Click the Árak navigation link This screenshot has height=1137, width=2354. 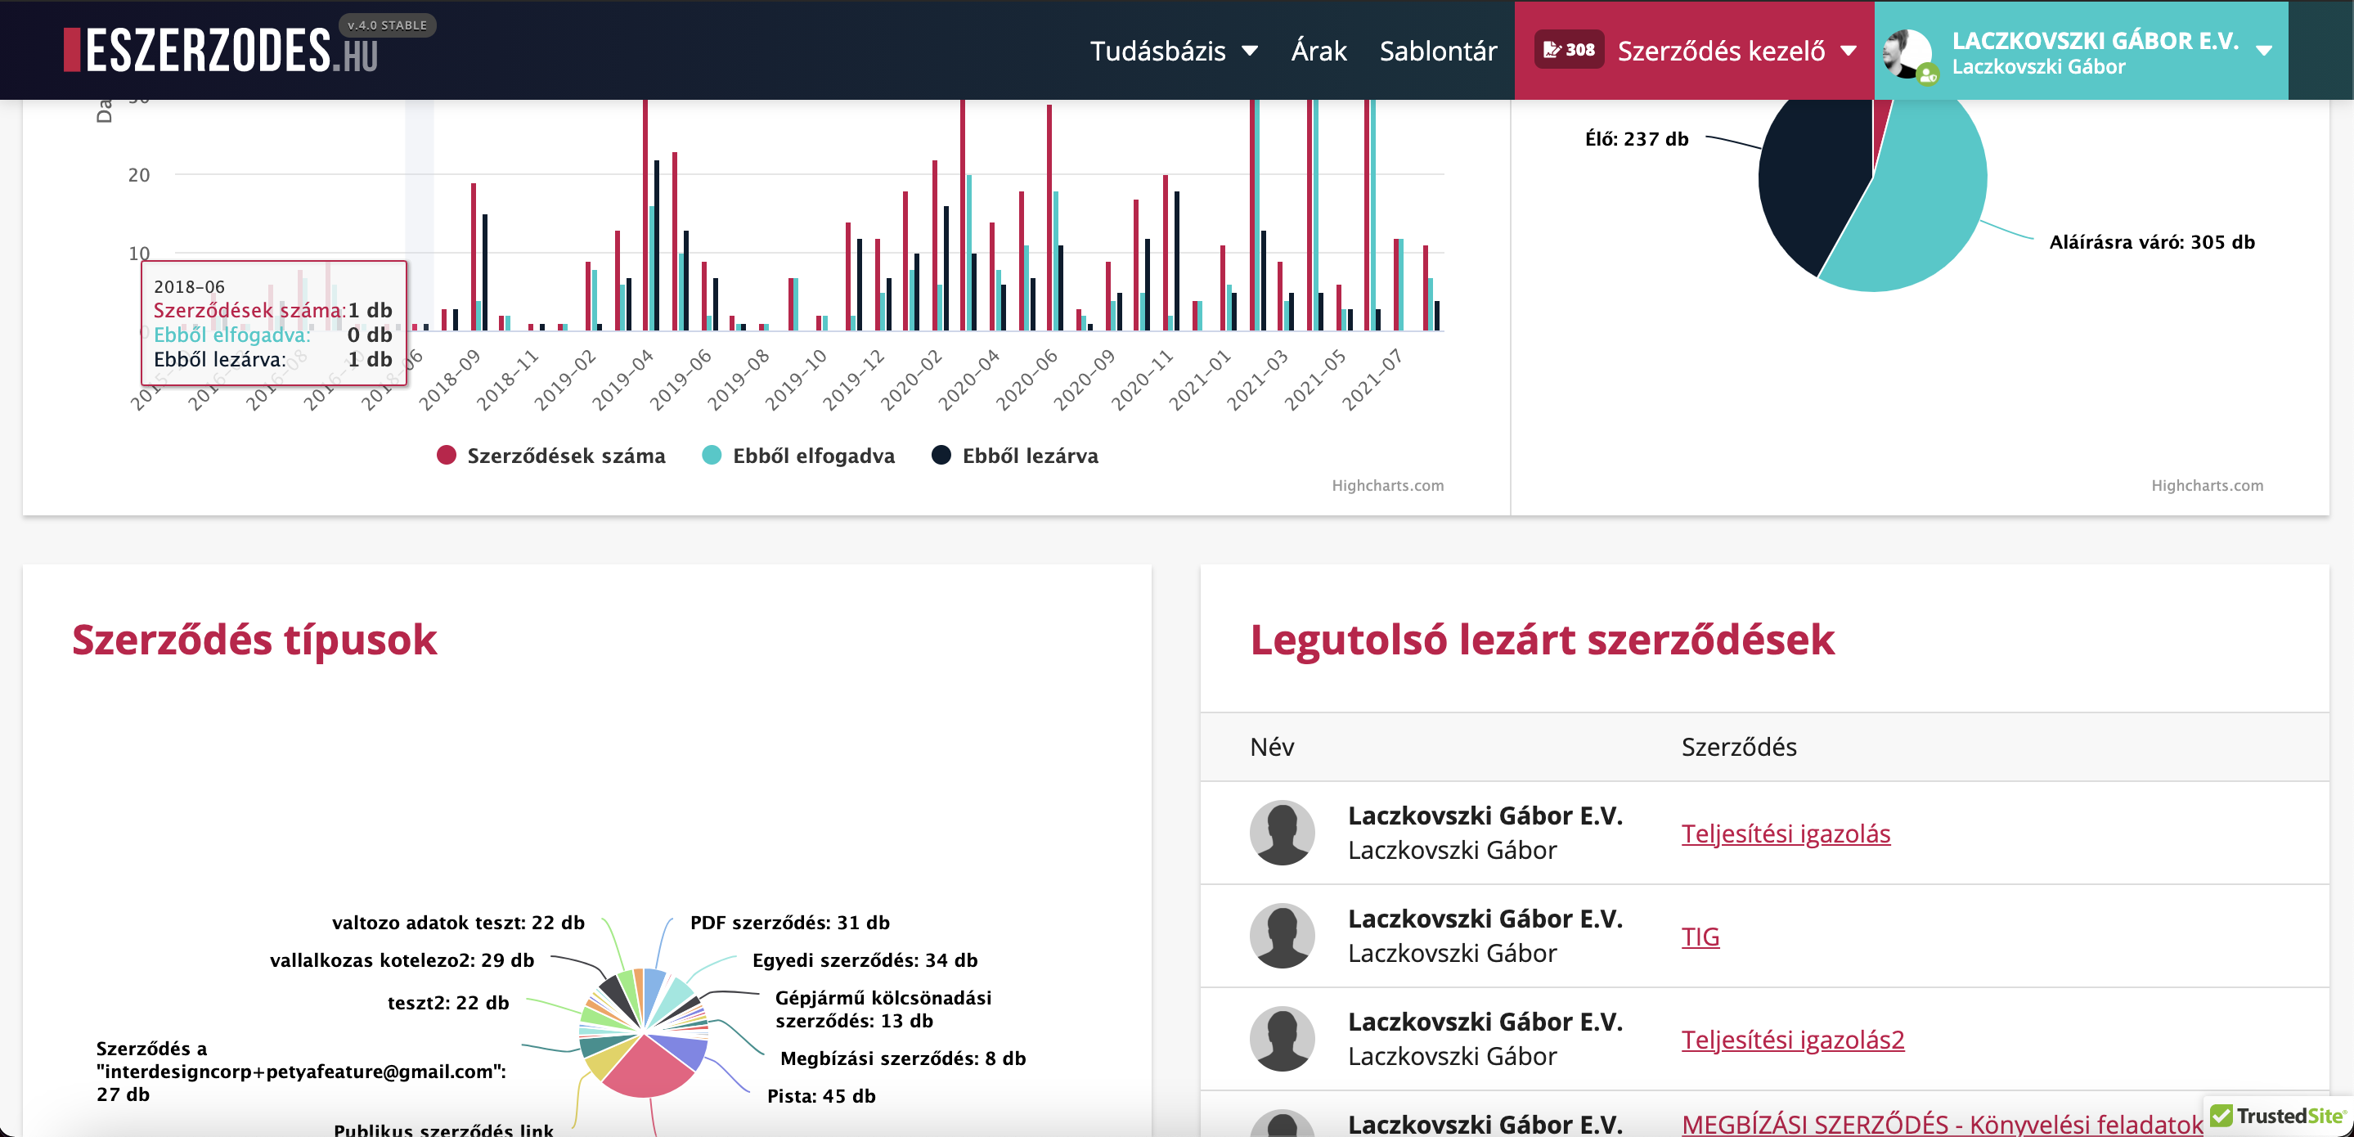[x=1318, y=52]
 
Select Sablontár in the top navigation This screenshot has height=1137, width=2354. [x=1437, y=52]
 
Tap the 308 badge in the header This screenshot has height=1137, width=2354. [x=1568, y=50]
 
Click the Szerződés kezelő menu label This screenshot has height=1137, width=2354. [x=1721, y=52]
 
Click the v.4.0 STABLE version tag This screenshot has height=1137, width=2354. [x=387, y=25]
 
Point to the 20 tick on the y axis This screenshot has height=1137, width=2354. [x=139, y=174]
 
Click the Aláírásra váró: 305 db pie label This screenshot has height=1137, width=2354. [x=2151, y=242]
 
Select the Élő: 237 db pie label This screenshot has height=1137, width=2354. [x=1636, y=139]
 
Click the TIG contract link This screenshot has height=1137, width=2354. [x=1700, y=936]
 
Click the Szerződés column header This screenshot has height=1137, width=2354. [x=1738, y=747]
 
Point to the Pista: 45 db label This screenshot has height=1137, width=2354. [x=820, y=1095]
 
